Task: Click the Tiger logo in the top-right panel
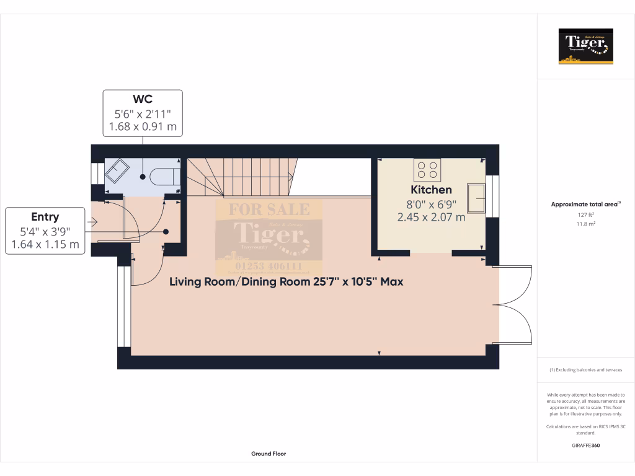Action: [x=586, y=46]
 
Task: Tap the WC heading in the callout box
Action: [x=143, y=99]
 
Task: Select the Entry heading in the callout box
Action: [x=45, y=217]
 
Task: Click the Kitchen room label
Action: [x=431, y=190]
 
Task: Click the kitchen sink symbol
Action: [x=477, y=198]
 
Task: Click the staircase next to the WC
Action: [x=239, y=177]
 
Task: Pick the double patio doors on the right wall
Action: [x=513, y=304]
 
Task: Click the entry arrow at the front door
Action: [x=93, y=221]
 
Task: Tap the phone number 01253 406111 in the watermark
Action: [x=269, y=267]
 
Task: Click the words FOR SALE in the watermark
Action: [x=269, y=209]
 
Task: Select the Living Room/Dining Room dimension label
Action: [x=286, y=281]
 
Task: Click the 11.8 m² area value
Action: [x=586, y=224]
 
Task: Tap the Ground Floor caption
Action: [x=269, y=454]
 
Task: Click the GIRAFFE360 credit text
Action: [x=586, y=446]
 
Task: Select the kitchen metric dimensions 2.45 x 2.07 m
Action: [x=431, y=217]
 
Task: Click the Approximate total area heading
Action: [x=585, y=204]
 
